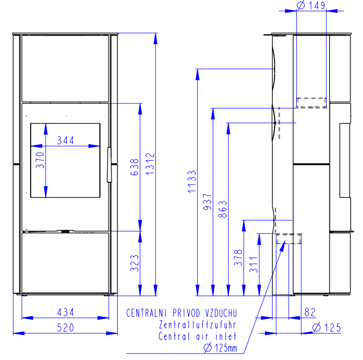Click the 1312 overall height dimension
(x=150, y=164)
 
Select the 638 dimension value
(x=135, y=167)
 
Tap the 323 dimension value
(x=135, y=263)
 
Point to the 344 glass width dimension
(x=65, y=141)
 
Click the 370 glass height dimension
(x=40, y=160)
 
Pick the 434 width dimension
(x=65, y=312)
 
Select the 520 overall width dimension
(x=65, y=328)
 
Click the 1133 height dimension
(x=192, y=182)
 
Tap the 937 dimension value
(x=208, y=202)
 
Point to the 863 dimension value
(x=223, y=209)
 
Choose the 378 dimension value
(x=238, y=258)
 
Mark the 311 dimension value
(x=254, y=265)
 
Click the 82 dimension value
(x=310, y=312)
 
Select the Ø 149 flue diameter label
(x=311, y=5)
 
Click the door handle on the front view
(x=109, y=165)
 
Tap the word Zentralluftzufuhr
(x=198, y=325)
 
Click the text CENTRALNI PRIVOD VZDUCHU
(x=181, y=313)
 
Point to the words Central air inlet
(x=198, y=336)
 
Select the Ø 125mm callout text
(x=220, y=348)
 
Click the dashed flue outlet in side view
(x=312, y=102)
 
